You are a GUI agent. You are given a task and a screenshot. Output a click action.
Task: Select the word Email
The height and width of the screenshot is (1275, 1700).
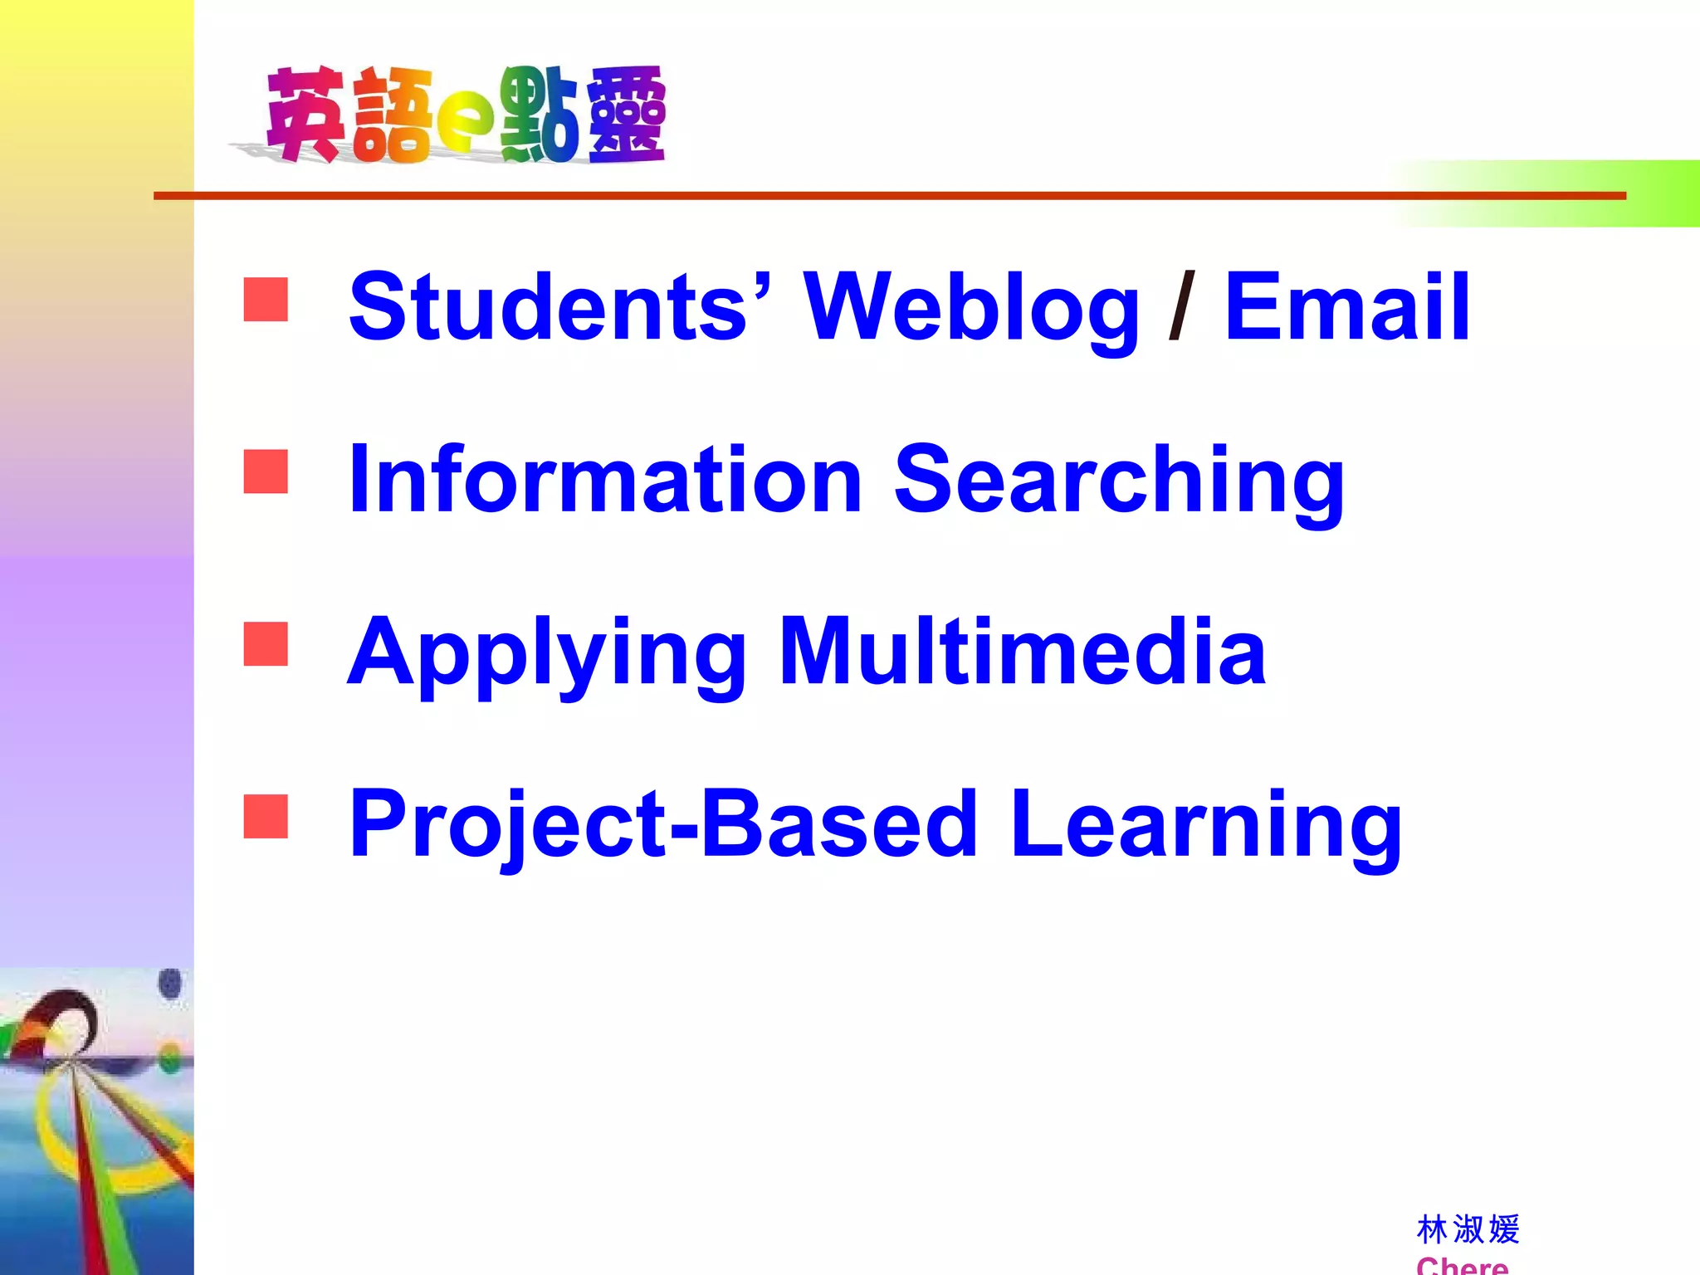tap(1346, 307)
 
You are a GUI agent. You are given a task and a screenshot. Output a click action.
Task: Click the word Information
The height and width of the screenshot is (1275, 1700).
tap(605, 479)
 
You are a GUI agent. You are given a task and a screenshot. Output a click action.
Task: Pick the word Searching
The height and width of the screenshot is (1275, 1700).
tap(1119, 483)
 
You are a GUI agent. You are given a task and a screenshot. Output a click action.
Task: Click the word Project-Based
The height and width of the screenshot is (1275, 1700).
tap(663, 826)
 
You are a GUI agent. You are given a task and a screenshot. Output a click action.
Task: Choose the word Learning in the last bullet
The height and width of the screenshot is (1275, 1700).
tap(1206, 826)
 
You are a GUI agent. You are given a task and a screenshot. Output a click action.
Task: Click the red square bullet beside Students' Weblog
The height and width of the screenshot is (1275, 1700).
tap(266, 300)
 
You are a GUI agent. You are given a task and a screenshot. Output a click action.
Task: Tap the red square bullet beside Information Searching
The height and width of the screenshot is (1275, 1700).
tap(266, 471)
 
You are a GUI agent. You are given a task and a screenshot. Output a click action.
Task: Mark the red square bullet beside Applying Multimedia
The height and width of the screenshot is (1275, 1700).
tap(266, 644)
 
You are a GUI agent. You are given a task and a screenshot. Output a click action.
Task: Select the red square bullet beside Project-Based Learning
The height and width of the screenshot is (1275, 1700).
tap(266, 816)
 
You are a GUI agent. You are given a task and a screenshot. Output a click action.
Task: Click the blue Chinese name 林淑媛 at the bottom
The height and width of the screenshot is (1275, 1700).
tap(1468, 1229)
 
